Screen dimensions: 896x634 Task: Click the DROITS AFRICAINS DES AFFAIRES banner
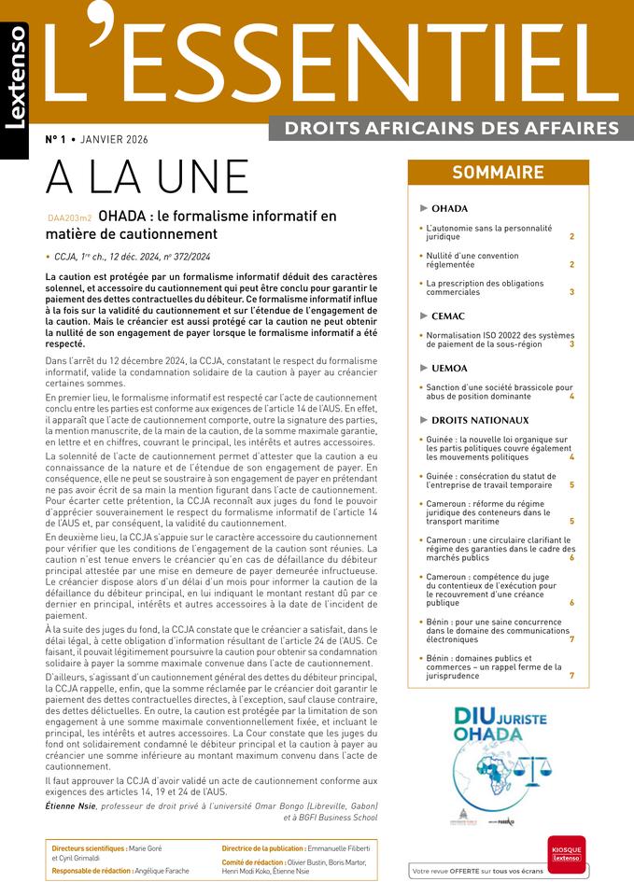(451, 127)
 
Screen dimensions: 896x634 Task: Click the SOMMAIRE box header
(498, 173)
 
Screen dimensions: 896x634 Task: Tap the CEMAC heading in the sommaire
(447, 316)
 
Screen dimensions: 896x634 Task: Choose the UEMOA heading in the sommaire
(449, 369)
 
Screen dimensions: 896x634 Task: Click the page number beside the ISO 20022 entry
(571, 344)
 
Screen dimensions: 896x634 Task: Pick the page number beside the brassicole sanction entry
(571, 397)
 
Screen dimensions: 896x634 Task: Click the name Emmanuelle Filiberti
(337, 847)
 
